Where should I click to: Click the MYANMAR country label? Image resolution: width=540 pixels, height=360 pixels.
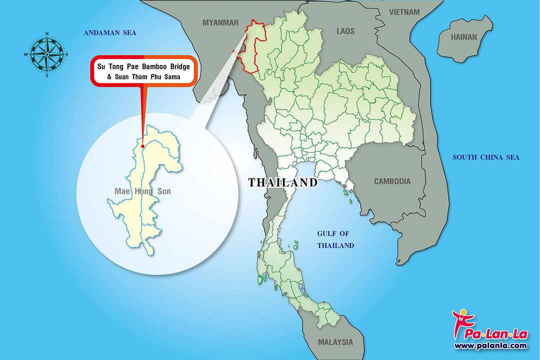tap(220, 22)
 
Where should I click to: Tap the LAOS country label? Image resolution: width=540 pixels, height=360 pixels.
tap(345, 31)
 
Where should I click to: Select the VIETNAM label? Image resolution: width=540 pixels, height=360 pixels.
tap(404, 11)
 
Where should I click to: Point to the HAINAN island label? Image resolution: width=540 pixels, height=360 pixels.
tap(464, 37)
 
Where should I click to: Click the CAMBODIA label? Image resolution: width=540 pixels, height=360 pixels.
tap(392, 181)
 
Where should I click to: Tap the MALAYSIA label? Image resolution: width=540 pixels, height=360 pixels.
tap(335, 342)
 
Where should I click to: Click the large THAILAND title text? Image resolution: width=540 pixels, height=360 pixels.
tap(283, 182)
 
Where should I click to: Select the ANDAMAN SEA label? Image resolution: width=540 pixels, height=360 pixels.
tap(110, 33)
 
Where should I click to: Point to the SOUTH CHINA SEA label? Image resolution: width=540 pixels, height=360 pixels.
tap(486, 157)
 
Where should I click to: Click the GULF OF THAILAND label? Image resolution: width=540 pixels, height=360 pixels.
tap(336, 239)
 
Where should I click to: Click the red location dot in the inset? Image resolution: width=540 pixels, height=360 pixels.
tap(143, 146)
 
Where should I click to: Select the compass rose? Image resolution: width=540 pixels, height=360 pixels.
tap(46, 54)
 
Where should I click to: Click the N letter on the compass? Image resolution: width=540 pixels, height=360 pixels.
tap(46, 34)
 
